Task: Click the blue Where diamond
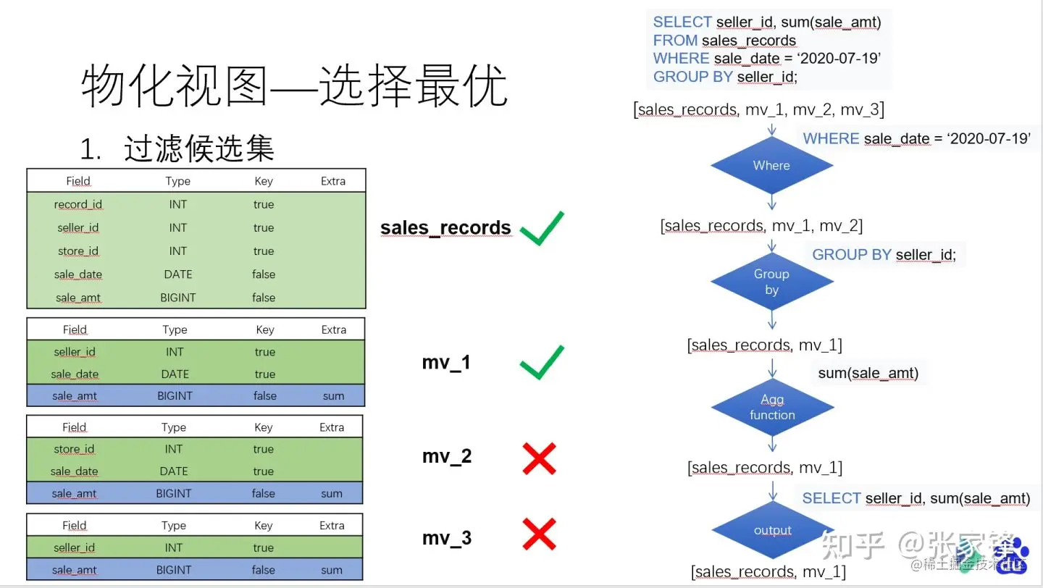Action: coord(771,166)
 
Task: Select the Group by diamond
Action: coord(771,282)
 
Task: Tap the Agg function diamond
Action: coord(771,407)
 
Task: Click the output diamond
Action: coord(772,530)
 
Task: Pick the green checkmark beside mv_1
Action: coord(541,362)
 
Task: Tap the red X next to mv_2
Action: coord(539,458)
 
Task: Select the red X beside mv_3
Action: coord(539,535)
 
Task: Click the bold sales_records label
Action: coord(445,228)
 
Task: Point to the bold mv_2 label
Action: coord(446,456)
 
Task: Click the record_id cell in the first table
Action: coord(78,204)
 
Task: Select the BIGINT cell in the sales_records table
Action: coord(177,298)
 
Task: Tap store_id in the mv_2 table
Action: coord(74,449)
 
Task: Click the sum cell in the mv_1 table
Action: coord(333,396)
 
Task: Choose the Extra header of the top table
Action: coord(333,181)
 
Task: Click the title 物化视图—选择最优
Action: coord(293,87)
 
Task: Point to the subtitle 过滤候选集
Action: coord(199,149)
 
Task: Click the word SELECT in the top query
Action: coord(682,22)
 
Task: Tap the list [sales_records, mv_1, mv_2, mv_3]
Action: coord(758,109)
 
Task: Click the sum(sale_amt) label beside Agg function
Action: coord(868,373)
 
